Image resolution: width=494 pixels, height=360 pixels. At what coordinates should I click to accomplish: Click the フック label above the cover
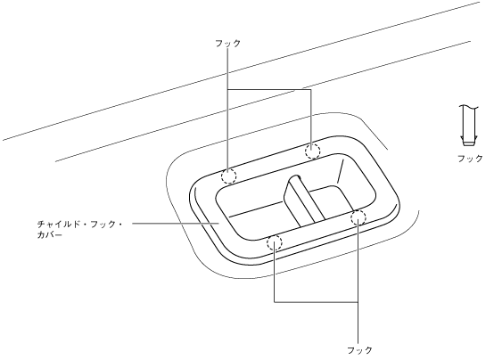pos(227,43)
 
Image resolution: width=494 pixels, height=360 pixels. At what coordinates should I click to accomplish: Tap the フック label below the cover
pos(359,349)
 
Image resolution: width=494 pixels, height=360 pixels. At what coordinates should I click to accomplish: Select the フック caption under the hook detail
pos(470,158)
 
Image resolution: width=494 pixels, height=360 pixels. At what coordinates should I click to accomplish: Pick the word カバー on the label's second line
pos(50,235)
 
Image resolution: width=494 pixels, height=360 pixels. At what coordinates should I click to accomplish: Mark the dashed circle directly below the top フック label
pos(229,176)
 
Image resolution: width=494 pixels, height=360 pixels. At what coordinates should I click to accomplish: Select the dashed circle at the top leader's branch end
pos(312,151)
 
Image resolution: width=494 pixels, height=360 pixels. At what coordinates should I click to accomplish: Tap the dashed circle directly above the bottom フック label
pos(358,217)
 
